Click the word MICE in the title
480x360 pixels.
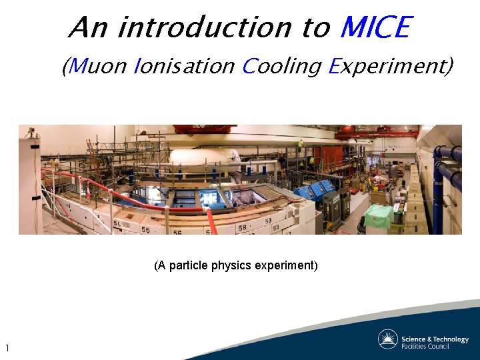pyautogui.click(x=375, y=27)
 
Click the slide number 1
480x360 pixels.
pyautogui.click(x=7, y=348)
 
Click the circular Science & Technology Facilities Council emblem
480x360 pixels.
pyautogui.click(x=388, y=339)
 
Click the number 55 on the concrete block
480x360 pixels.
pyautogui.click(x=145, y=229)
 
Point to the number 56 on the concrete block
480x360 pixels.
pyautogui.click(x=177, y=231)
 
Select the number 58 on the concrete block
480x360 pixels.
pyautogui.click(x=243, y=228)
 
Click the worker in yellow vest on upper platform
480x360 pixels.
pyautogui.click(x=301, y=143)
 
